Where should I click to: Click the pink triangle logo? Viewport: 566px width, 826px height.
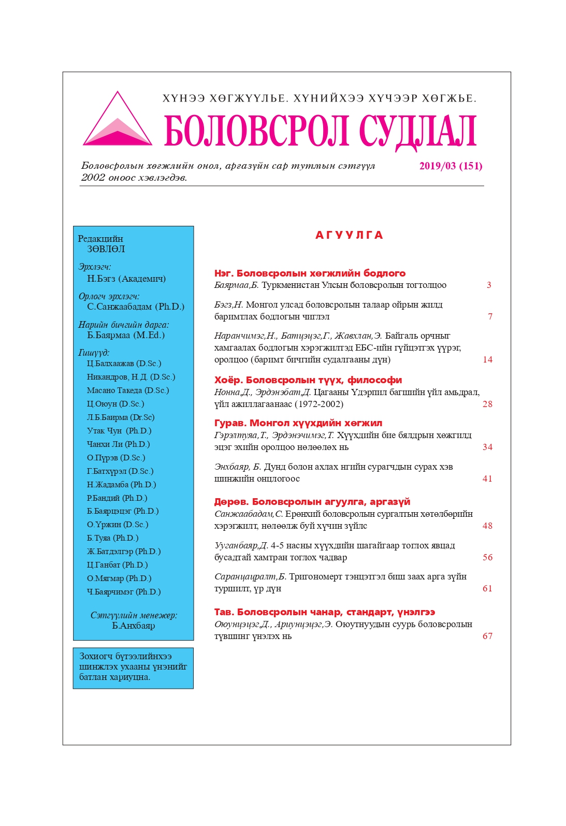click(118, 122)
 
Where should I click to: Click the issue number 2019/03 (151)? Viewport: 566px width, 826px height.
click(451, 166)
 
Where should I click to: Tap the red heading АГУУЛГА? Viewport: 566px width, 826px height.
click(349, 236)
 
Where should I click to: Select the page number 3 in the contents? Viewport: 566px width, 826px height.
click(488, 285)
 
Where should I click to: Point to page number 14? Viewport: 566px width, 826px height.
click(487, 360)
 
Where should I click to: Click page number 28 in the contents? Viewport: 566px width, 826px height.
click(487, 404)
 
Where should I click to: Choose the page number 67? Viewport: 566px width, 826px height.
click(487, 636)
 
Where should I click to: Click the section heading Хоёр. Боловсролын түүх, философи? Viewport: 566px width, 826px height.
click(308, 380)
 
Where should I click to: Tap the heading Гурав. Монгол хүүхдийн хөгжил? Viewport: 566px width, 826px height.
click(298, 423)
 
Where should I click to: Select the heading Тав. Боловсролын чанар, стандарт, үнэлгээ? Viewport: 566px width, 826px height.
click(325, 612)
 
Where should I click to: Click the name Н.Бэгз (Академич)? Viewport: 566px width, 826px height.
click(126, 279)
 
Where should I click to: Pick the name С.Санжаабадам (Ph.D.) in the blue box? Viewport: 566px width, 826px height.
click(136, 307)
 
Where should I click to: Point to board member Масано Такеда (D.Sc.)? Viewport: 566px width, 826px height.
click(128, 390)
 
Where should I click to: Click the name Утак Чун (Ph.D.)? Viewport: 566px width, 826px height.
click(119, 431)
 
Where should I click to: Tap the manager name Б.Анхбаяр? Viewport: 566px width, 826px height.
click(134, 626)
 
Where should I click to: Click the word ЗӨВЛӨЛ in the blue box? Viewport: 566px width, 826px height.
click(106, 249)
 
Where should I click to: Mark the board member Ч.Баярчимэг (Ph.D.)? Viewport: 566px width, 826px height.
click(124, 592)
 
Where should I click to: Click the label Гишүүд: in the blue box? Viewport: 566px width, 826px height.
click(94, 353)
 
